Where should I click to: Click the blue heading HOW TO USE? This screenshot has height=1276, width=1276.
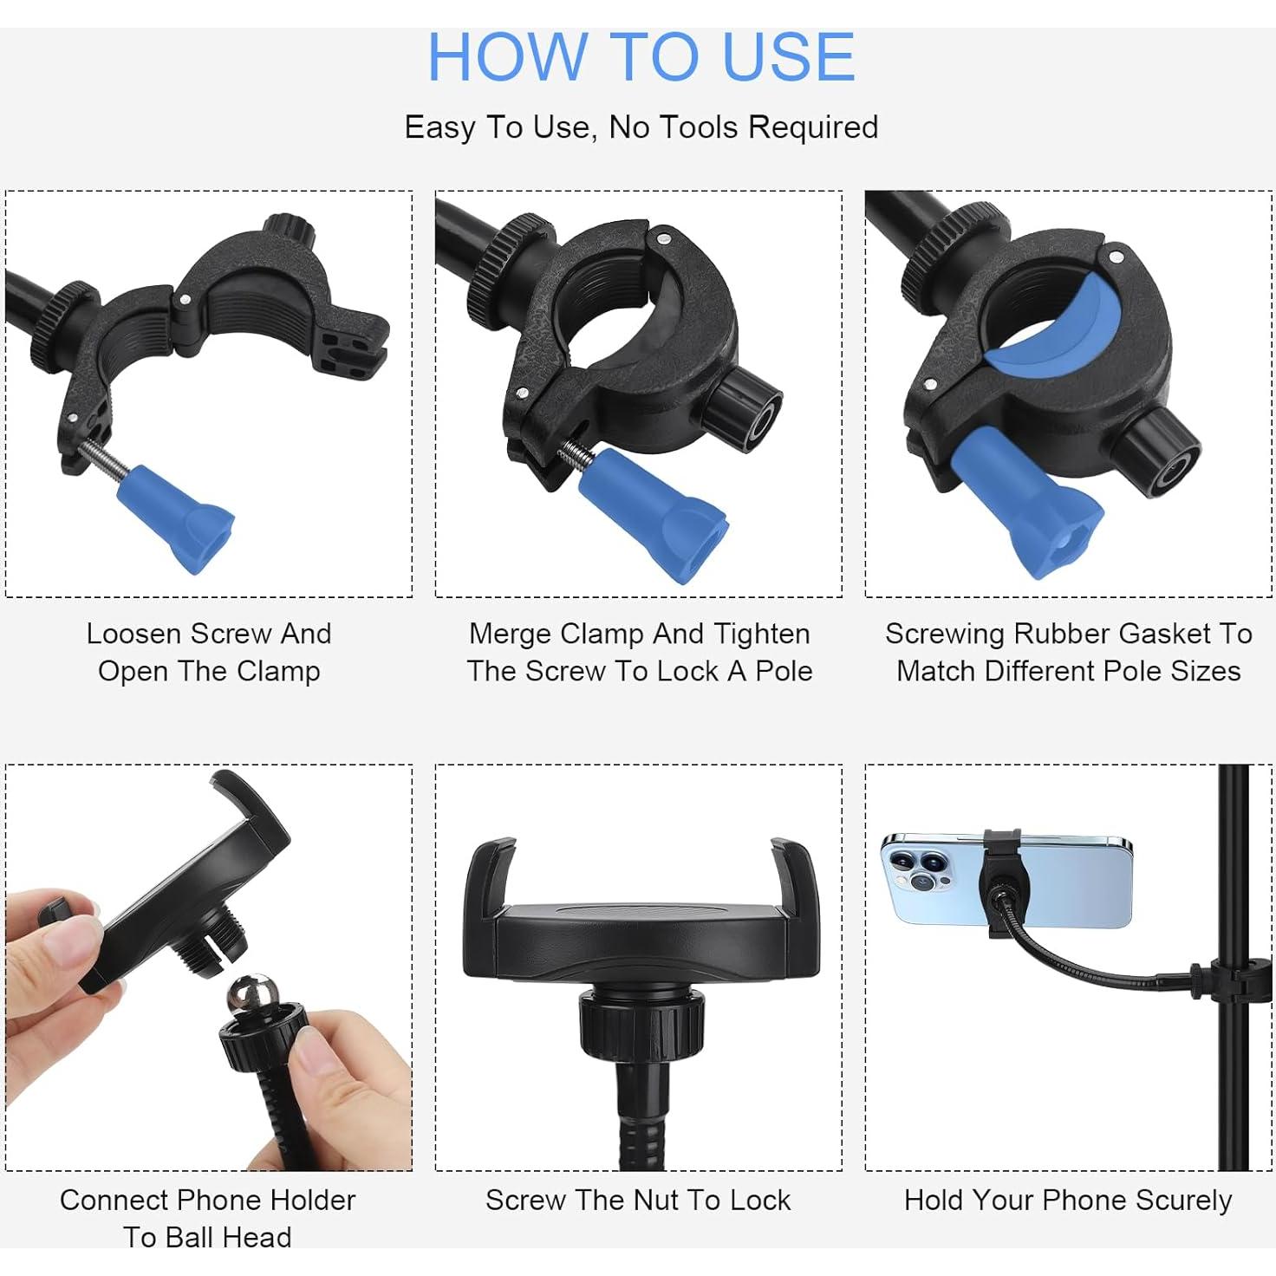[641, 57]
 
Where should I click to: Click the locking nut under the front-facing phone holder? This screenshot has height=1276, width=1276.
[641, 1023]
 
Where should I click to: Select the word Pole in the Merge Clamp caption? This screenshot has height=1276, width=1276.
[784, 671]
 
